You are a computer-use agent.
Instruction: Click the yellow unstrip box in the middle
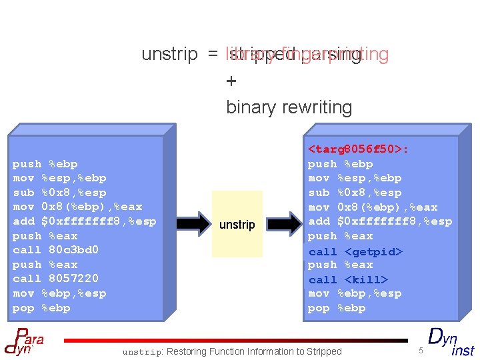click(237, 224)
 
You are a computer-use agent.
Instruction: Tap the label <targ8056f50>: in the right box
click(357, 149)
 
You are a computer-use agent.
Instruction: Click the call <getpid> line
click(355, 251)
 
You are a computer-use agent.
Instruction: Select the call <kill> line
click(347, 280)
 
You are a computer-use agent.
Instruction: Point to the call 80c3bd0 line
click(56, 250)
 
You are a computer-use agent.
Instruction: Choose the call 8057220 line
click(56, 279)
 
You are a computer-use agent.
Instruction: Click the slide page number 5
click(421, 351)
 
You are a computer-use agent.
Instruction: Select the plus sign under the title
click(231, 81)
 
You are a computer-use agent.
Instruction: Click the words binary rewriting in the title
click(289, 107)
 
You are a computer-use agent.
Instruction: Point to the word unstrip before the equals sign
click(169, 55)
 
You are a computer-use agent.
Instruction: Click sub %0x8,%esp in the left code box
click(59, 193)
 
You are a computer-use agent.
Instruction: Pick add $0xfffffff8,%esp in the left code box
click(85, 221)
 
